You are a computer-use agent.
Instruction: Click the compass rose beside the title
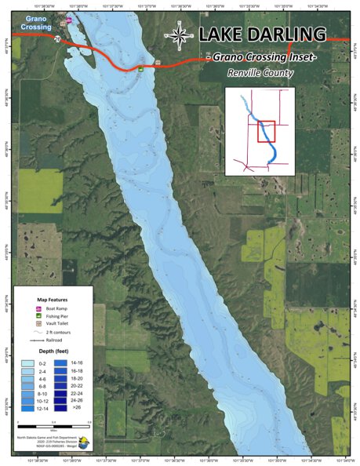(180, 34)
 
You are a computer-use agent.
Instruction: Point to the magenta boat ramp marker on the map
(69, 21)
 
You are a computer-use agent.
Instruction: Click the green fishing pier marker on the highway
(140, 68)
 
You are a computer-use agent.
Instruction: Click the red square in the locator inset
(266, 132)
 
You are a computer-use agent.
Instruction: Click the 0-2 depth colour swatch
(28, 364)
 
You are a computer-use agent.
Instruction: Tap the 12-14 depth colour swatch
(28, 408)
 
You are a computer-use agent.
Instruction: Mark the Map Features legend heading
(52, 300)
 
